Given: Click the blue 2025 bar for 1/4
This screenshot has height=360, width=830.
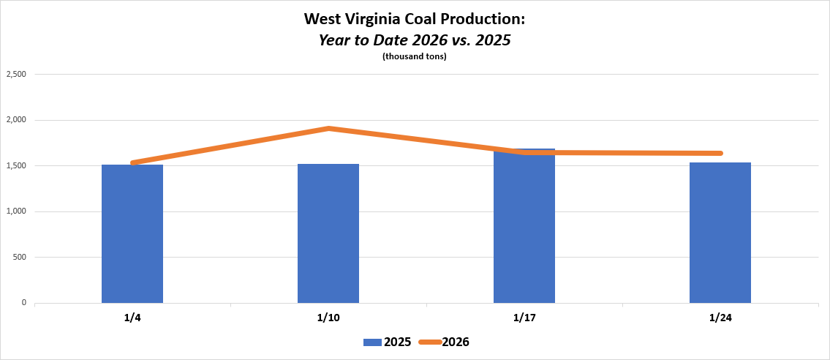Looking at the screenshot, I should [132, 234].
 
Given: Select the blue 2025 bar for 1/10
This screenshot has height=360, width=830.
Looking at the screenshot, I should [328, 234].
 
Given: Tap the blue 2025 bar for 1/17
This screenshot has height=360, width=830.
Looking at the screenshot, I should [524, 227].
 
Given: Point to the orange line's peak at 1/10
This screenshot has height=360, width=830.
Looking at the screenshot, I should [328, 129].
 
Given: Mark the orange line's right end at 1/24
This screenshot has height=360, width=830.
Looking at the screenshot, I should [720, 153].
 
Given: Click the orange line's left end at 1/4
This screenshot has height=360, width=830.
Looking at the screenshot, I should [132, 162].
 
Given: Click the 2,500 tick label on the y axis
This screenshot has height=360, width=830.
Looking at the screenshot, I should [15, 74].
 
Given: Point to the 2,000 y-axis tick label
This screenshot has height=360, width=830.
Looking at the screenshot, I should [15, 120].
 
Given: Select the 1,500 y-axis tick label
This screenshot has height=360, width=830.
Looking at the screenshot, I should [15, 166].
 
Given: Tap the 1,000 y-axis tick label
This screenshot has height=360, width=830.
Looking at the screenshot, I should [15, 211].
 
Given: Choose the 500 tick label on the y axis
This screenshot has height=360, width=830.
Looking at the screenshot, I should [19, 258].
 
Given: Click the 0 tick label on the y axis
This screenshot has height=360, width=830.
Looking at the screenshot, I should [24, 303].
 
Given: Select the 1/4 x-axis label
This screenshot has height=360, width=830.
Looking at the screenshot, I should [132, 318].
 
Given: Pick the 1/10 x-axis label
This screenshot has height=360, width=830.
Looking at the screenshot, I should [328, 318].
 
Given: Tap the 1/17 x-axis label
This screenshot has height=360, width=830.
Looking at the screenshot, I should [524, 318].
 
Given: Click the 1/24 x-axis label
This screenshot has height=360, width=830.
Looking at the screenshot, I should [720, 318].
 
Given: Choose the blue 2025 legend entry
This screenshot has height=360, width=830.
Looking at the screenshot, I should [387, 342].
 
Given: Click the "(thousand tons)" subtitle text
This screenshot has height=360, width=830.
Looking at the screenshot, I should [415, 57].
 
